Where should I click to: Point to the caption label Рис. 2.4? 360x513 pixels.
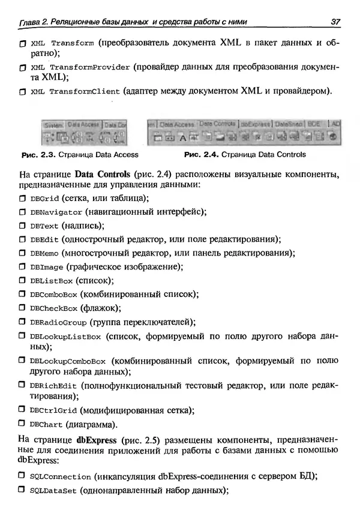pos(200,155)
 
